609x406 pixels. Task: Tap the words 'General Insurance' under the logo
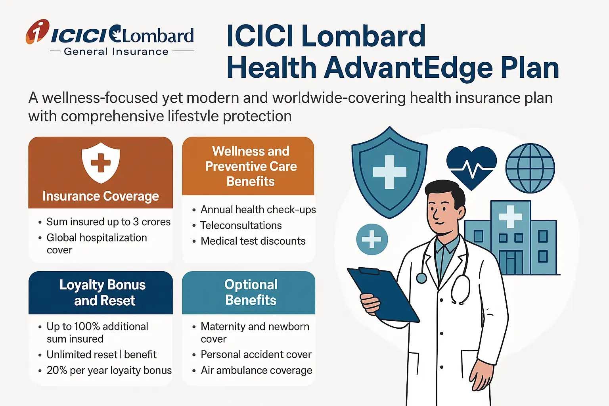coord(116,52)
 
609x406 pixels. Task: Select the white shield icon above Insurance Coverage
coord(101,163)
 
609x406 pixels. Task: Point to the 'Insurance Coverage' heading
coord(101,196)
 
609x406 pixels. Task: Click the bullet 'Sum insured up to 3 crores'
coord(108,222)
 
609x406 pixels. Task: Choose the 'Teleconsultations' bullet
coord(241,225)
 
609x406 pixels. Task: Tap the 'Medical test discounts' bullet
coord(253,241)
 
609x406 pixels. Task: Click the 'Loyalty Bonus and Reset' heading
coord(103,293)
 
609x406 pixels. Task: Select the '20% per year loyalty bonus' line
coord(109,370)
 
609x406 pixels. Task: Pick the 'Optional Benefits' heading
coord(251,292)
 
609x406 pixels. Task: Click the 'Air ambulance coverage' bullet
coord(256,370)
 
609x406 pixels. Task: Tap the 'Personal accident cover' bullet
coord(256,354)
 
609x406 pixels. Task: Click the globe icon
coord(530,168)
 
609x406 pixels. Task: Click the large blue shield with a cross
coord(389,172)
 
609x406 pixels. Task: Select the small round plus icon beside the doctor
coord(372,239)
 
